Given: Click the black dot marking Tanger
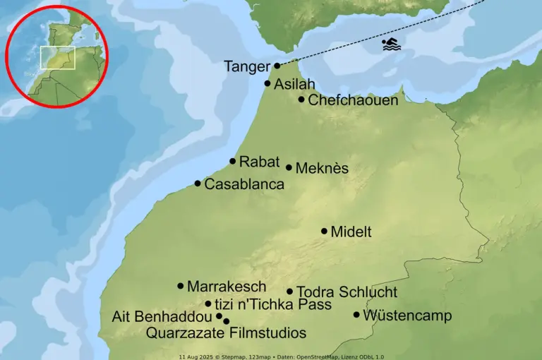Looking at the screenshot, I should (x=277, y=66).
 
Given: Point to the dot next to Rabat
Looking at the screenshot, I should (x=233, y=161).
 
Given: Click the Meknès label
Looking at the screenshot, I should (x=322, y=169).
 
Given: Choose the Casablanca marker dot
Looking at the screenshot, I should (x=198, y=184).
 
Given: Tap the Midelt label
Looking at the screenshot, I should (x=351, y=232).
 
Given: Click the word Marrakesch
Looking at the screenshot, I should (x=227, y=287).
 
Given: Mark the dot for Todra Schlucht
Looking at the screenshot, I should (x=289, y=291).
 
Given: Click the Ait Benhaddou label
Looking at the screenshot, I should (x=162, y=317).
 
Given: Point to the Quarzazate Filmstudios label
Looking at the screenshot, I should (x=226, y=333).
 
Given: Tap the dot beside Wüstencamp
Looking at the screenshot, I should (x=356, y=315).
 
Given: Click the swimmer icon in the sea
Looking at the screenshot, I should (x=391, y=44).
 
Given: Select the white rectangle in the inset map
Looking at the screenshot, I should (x=58, y=58).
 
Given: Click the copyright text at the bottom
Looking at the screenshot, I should (x=281, y=356).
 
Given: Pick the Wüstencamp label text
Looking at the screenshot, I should (x=406, y=316).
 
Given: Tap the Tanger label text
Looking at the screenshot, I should (x=247, y=67).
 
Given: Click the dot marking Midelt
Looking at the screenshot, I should (x=325, y=231).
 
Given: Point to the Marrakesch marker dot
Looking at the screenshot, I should (x=181, y=286).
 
